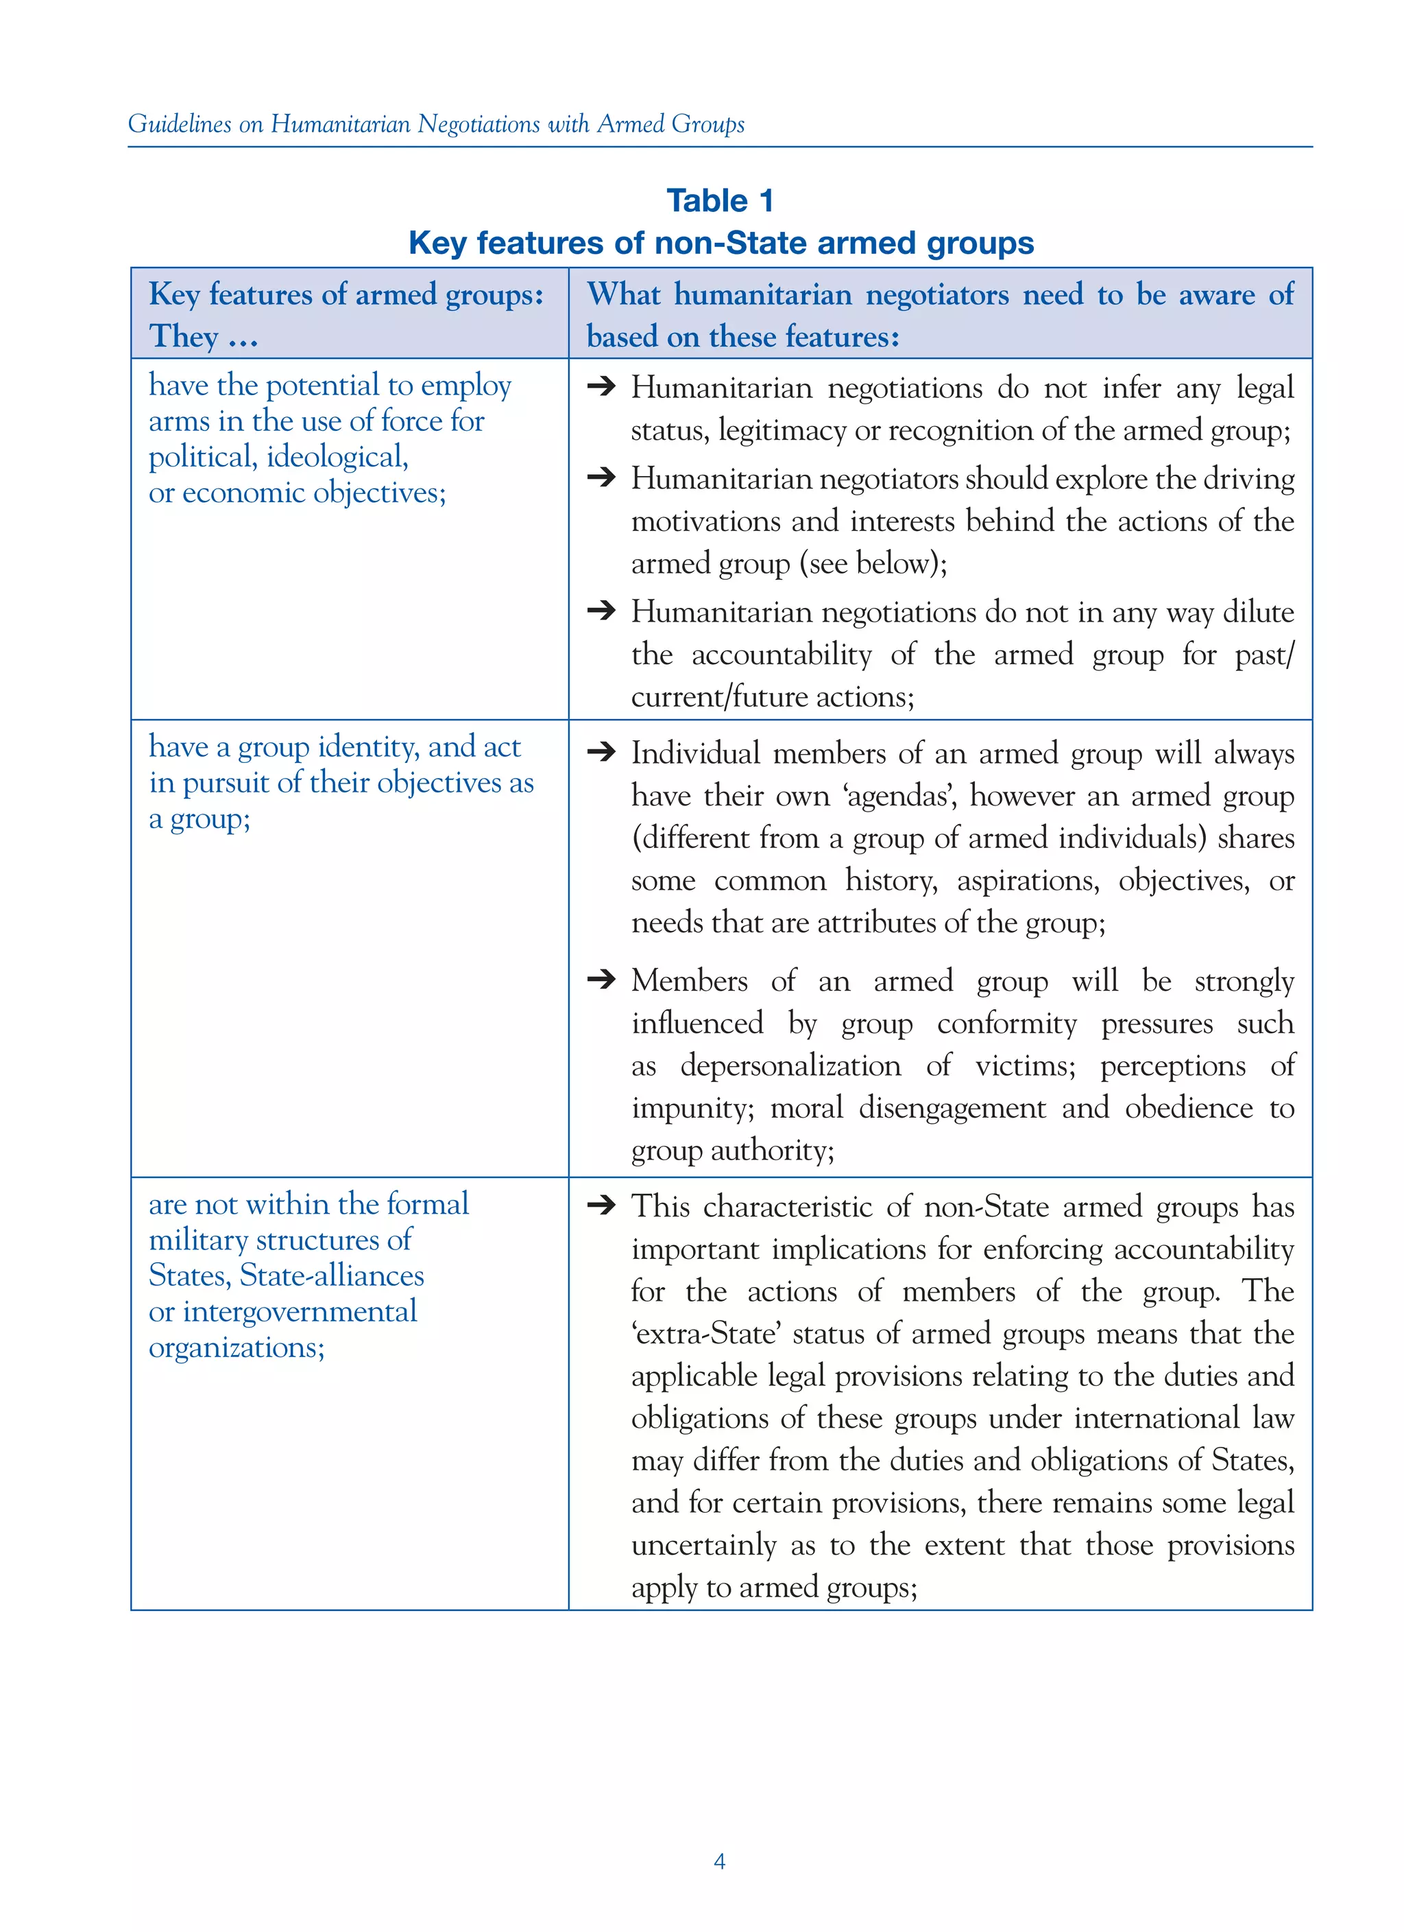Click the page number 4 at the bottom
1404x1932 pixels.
click(718, 1861)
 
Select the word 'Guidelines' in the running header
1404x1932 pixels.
click(180, 124)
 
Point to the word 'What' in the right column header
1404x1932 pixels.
click(623, 295)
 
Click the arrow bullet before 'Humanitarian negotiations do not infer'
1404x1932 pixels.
click(601, 387)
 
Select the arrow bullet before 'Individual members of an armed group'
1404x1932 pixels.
click(601, 751)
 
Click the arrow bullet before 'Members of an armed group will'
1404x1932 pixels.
click(601, 979)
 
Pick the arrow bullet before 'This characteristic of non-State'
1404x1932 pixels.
click(601, 1205)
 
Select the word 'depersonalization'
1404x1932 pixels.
click(790, 1065)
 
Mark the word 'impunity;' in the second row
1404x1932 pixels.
click(691, 1108)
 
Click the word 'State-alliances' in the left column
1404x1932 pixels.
click(331, 1276)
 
